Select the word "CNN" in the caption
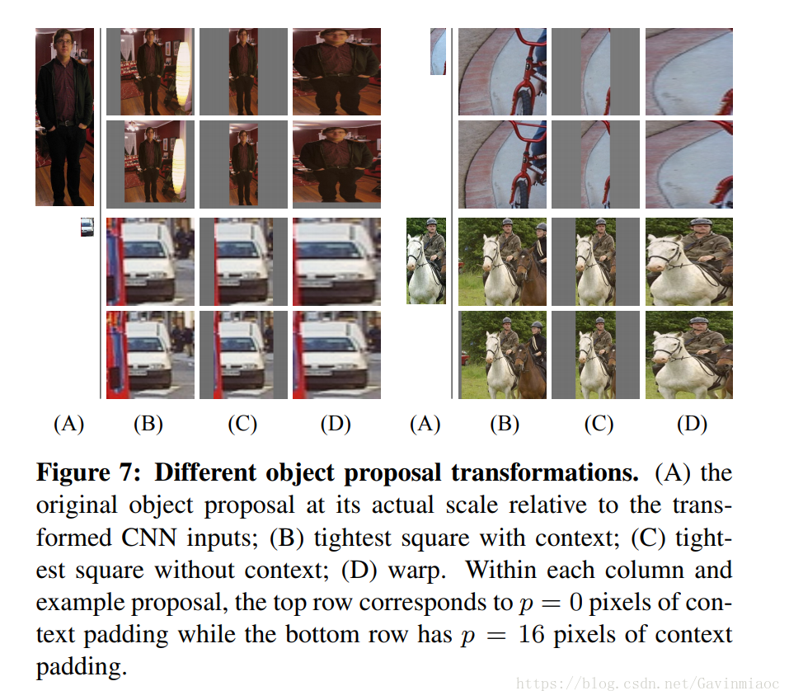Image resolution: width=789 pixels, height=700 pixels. pos(162,538)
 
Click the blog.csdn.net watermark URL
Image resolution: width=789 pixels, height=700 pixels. pos(646,684)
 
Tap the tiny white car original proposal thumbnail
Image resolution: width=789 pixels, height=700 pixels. pos(87,228)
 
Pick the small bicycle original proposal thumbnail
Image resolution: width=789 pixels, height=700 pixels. pos(438,51)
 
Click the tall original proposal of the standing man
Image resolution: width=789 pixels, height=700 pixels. pos(64,117)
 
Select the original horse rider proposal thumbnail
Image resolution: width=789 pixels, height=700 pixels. pos(426,261)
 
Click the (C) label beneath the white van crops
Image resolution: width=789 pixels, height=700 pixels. pos(242,424)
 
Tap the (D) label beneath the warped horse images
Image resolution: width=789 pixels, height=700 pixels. pos(691,424)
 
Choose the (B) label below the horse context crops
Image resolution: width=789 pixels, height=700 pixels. pos(504,424)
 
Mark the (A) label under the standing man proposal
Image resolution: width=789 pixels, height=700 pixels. pos(68,424)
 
